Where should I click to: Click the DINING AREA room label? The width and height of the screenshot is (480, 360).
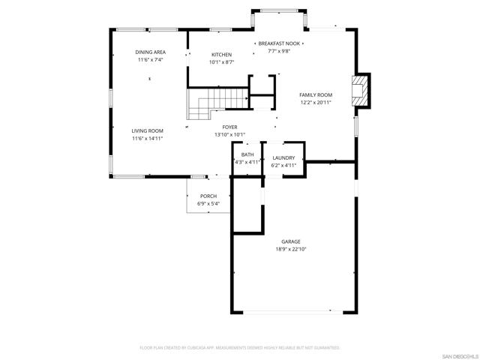(151, 52)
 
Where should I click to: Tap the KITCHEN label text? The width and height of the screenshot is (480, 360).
(221, 55)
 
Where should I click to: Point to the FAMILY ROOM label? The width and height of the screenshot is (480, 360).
(316, 94)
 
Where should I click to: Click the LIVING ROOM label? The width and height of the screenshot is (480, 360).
(148, 130)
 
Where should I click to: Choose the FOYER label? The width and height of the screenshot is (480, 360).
(229, 128)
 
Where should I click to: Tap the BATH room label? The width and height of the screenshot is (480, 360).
(247, 154)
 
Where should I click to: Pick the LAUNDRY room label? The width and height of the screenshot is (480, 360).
(283, 157)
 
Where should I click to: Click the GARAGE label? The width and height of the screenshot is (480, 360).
(291, 241)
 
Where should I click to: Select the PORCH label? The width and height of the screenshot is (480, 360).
(208, 196)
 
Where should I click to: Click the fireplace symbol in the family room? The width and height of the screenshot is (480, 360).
(362, 88)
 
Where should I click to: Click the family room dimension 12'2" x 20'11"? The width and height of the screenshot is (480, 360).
(316, 102)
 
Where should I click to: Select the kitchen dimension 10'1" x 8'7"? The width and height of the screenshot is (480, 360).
(221, 62)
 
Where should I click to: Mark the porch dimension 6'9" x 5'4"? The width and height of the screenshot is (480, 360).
(208, 203)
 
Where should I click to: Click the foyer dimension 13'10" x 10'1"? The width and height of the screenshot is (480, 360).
(229, 136)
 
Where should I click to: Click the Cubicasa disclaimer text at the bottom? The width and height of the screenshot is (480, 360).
(240, 348)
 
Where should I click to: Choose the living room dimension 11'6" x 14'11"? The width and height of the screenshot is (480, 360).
(148, 138)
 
